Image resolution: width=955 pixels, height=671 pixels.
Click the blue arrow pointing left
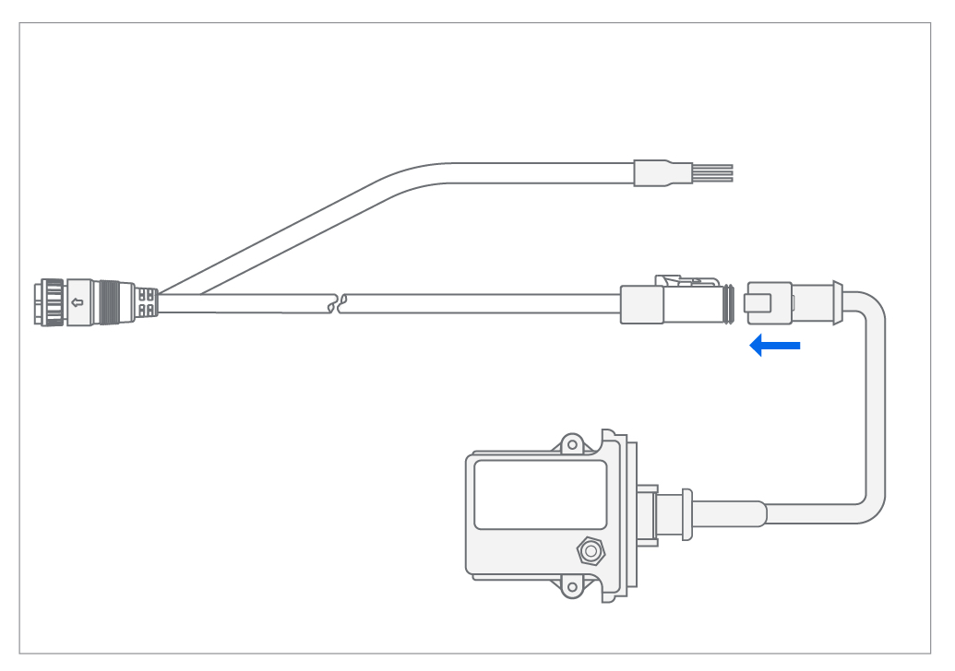(774, 347)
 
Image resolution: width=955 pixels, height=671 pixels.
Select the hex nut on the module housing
(588, 551)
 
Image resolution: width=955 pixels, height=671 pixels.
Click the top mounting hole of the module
(572, 444)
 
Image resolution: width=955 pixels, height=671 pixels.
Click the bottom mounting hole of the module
(572, 585)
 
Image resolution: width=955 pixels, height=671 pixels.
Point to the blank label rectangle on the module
(540, 495)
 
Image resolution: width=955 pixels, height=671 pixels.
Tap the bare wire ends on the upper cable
(712, 172)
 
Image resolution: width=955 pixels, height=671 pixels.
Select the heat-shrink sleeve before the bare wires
(662, 172)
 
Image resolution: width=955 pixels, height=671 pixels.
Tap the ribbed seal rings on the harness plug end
(729, 305)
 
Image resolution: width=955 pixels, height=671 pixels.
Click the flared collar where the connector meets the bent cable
(835, 303)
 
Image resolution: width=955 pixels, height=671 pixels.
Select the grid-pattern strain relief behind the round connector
(146, 301)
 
